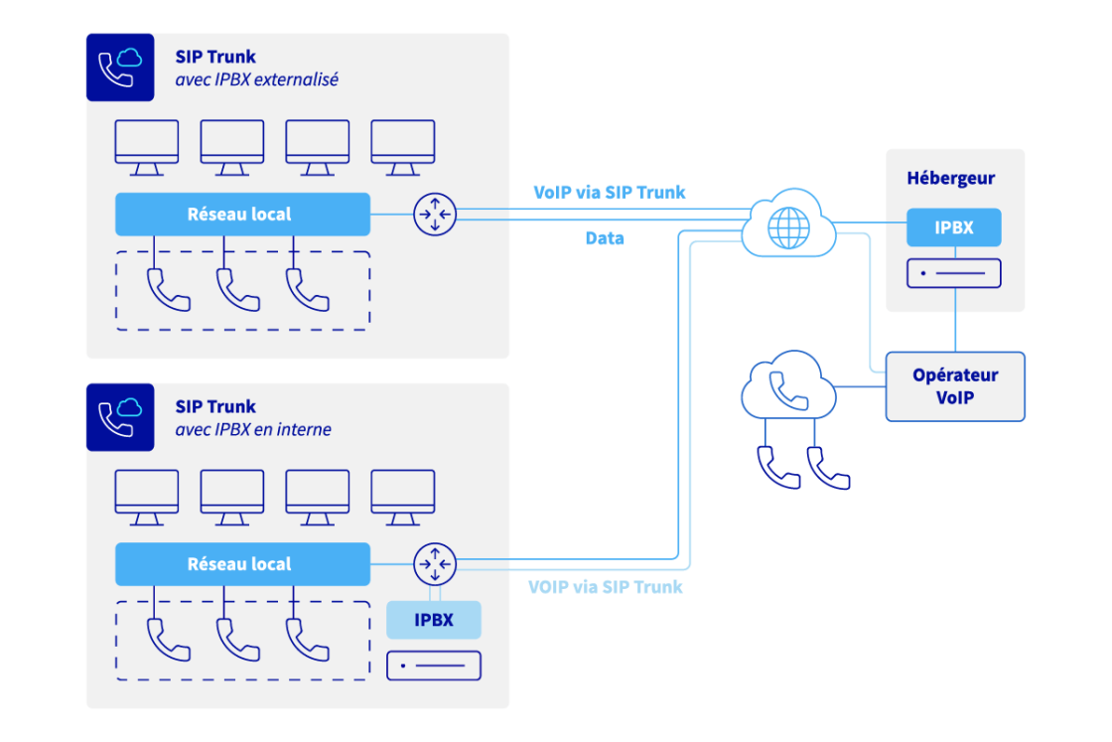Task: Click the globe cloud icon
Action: (789, 226)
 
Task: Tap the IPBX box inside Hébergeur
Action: (953, 227)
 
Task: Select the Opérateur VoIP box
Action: (954, 386)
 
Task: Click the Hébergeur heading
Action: (950, 179)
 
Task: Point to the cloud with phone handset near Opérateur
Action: (788, 386)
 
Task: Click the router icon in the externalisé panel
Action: (434, 214)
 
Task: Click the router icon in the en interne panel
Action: (434, 564)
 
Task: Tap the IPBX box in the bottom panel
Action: (434, 620)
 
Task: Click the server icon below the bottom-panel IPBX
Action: (434, 666)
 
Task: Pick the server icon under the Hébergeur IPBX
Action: (953, 273)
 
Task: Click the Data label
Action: (605, 238)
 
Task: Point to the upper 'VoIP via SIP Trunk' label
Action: (609, 192)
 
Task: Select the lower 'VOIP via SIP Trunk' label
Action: (606, 587)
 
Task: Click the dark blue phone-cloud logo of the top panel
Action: (120, 68)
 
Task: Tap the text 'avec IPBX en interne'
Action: (253, 430)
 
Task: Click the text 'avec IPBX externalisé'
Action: (256, 79)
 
